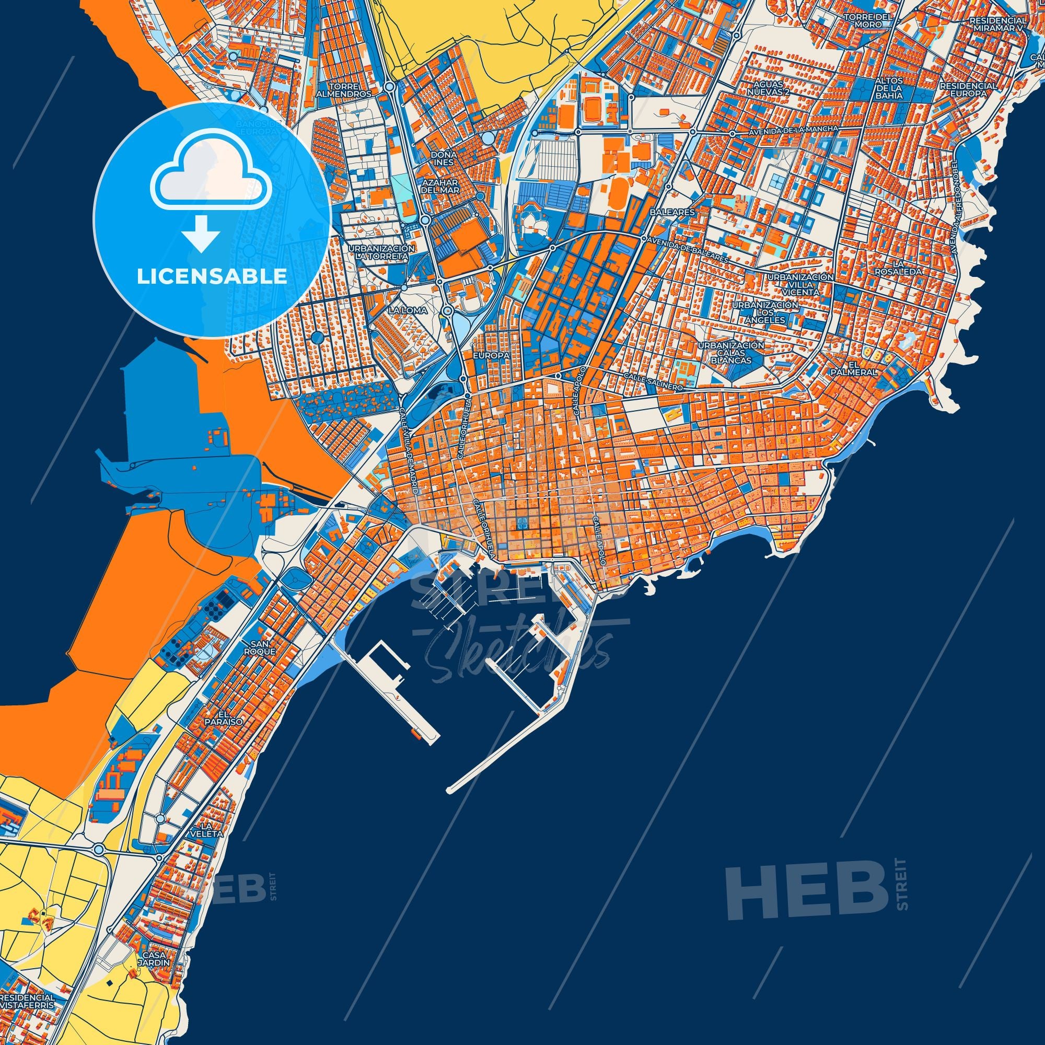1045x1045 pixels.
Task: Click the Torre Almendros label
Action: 352,90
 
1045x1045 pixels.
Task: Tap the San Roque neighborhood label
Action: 263,648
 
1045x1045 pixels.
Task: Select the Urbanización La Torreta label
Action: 382,251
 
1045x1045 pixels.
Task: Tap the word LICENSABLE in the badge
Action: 212,276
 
